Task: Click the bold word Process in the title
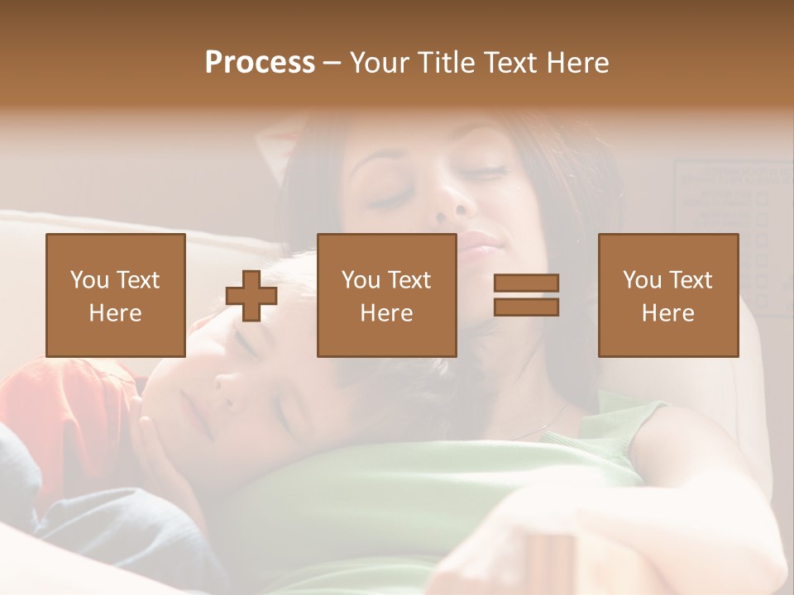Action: coord(260,63)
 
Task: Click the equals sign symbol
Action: coord(526,295)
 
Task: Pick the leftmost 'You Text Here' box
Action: coord(115,295)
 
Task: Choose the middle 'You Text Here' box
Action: coord(386,295)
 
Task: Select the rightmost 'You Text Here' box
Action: coord(668,295)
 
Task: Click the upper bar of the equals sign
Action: coord(526,283)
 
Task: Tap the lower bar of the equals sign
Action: coord(526,307)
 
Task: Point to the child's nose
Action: coord(227,382)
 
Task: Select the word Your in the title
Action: coord(380,63)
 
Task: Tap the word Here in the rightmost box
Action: coord(668,313)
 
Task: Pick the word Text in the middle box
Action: coord(409,280)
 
